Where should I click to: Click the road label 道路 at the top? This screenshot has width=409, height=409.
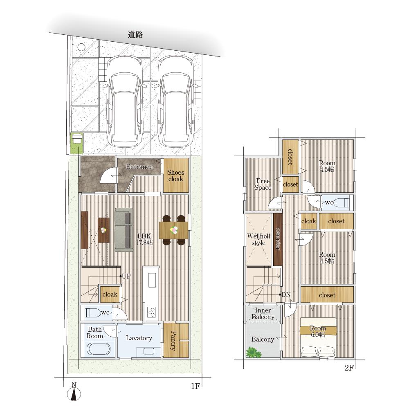[135, 35]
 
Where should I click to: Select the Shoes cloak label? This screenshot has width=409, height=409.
[175, 175]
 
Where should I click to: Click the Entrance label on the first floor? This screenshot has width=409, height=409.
[139, 166]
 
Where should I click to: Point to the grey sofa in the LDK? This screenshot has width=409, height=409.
[124, 229]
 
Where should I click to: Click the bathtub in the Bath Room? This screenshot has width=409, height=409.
[98, 349]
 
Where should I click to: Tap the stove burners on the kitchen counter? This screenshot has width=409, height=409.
[152, 312]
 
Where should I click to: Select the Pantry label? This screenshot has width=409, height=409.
[173, 340]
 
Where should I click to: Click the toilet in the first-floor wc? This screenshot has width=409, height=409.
[93, 312]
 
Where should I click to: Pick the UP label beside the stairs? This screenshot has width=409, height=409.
[126, 276]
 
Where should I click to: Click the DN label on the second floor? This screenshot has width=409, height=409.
[286, 295]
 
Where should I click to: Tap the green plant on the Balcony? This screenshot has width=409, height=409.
[254, 352]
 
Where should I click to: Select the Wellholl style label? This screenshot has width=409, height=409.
[258, 239]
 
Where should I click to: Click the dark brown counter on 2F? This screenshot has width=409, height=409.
[278, 239]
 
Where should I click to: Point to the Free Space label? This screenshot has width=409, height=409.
[263, 184]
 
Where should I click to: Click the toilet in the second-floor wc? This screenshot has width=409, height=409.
[342, 202]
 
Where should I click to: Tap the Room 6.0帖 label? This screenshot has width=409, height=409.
[318, 331]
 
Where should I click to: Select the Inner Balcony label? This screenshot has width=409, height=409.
[263, 314]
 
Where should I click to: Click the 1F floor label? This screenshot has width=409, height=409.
[195, 386]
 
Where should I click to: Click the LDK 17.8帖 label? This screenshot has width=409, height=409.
[144, 239]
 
